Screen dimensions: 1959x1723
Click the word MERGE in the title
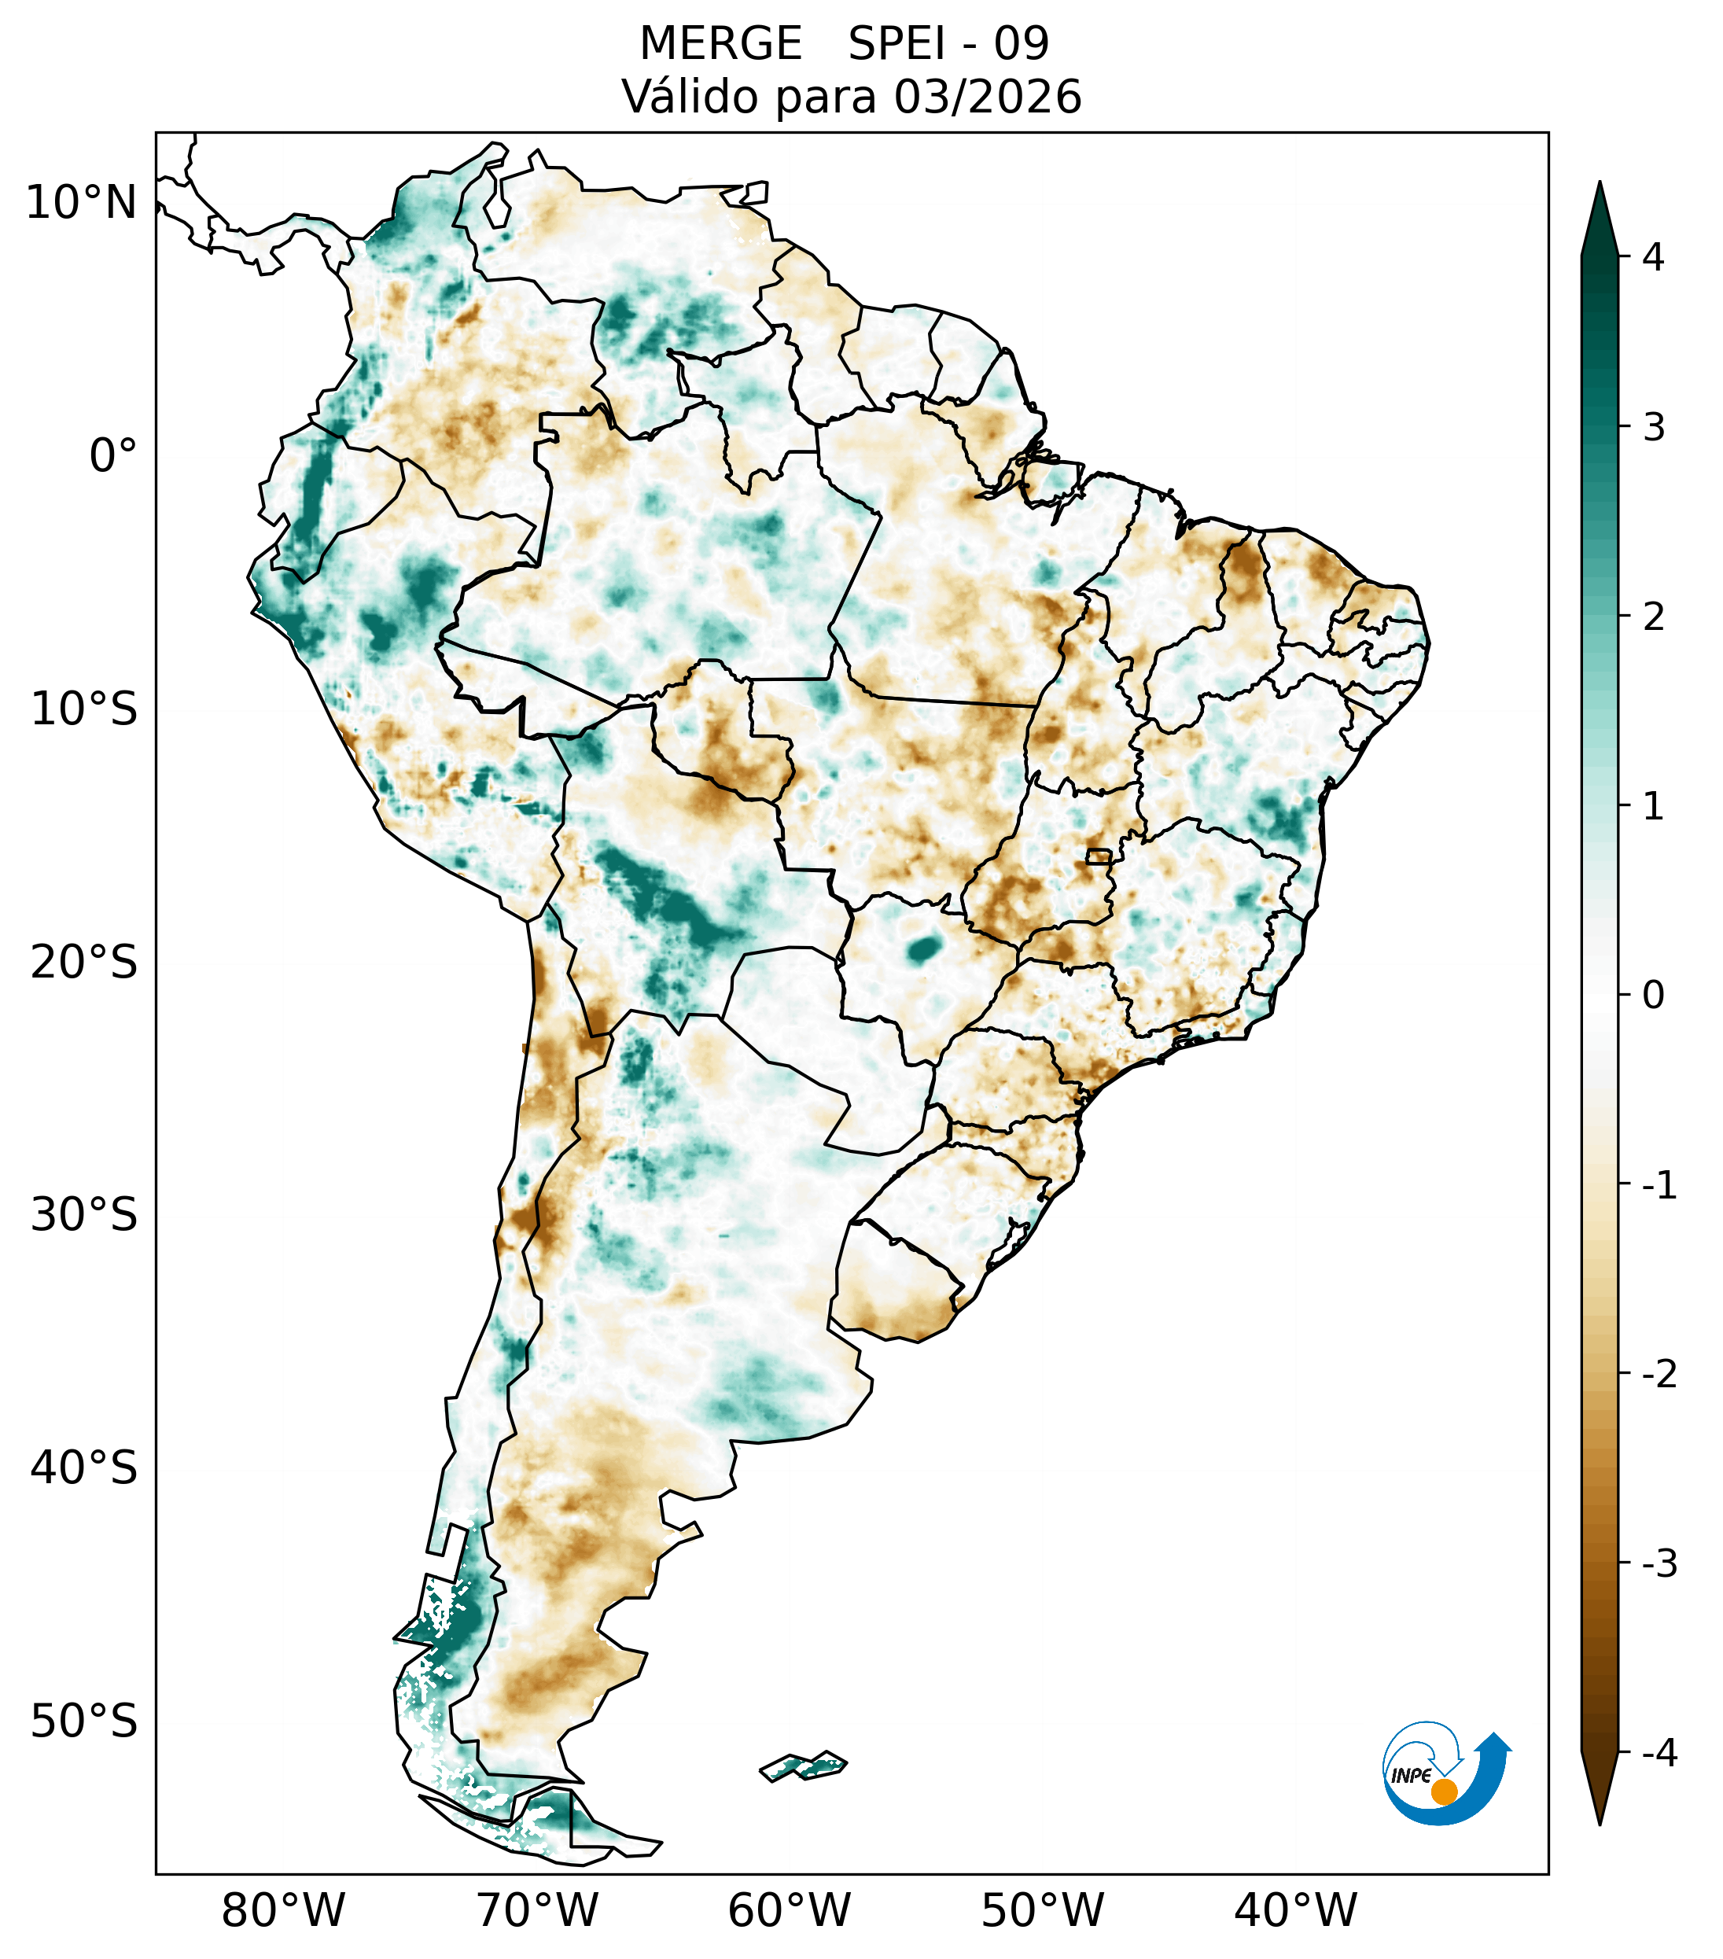[720, 44]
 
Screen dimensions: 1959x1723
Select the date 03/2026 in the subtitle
[988, 97]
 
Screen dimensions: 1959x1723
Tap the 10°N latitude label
[82, 203]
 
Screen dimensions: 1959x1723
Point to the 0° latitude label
[113, 456]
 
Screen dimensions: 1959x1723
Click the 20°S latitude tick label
[84, 963]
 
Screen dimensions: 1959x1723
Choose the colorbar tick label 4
[1653, 257]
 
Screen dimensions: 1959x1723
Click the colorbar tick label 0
[1653, 996]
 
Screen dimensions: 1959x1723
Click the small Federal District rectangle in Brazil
[1098, 856]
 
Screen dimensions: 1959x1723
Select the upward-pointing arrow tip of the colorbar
[1600, 192]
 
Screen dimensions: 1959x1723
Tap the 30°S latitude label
[84, 1215]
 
